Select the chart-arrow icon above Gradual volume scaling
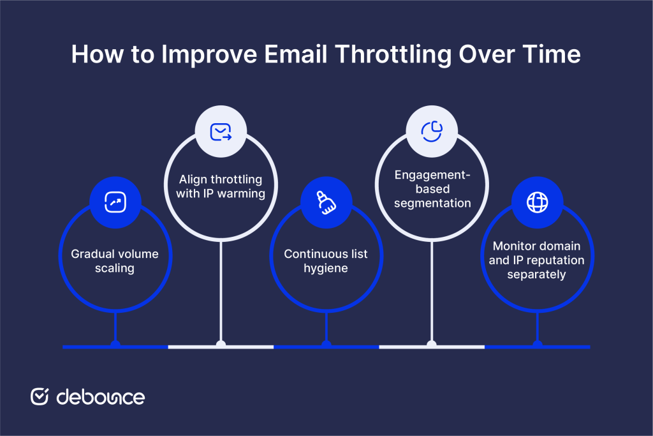tap(115, 202)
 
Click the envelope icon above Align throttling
tap(221, 131)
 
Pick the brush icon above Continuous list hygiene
tap(326, 202)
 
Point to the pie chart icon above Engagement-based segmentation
tap(432, 131)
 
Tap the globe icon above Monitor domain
tap(537, 202)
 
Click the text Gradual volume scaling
tap(115, 261)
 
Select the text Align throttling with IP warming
tap(221, 186)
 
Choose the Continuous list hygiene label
tap(326, 261)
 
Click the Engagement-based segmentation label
tap(432, 189)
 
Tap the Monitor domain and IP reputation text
tap(537, 260)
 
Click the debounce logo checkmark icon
tap(40, 396)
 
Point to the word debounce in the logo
tap(101, 396)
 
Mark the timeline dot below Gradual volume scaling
tap(115, 345)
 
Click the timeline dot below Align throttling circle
tap(221, 345)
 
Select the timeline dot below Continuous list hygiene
tap(326, 345)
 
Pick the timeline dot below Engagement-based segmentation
tap(432, 345)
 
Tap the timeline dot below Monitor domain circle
tap(537, 345)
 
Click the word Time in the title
tap(552, 54)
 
